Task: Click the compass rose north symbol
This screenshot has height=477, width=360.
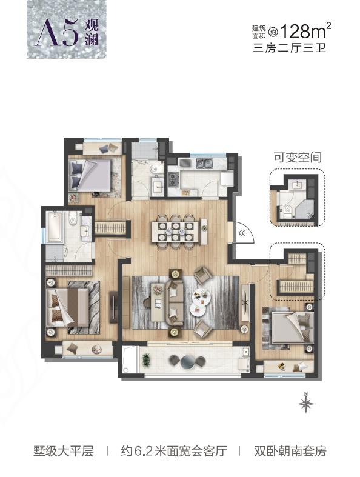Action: [x=306, y=402]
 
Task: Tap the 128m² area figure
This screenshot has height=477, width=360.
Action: [x=305, y=31]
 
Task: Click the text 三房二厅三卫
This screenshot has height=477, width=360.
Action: [x=290, y=48]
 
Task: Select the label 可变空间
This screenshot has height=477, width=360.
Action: [x=298, y=158]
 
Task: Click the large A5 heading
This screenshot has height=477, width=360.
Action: [x=56, y=33]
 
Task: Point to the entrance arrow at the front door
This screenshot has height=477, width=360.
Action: [x=242, y=233]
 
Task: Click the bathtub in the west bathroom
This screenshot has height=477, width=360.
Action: [x=55, y=226]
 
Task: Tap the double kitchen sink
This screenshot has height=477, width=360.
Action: [x=204, y=164]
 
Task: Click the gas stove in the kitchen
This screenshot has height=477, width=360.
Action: [x=174, y=179]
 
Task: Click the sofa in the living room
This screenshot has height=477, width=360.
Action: [x=174, y=301]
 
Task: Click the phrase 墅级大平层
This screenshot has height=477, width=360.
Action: [x=63, y=450]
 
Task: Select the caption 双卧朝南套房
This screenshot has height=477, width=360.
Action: [x=290, y=450]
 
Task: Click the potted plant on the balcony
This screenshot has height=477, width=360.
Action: [x=147, y=361]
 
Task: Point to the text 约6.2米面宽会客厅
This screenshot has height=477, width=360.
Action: [x=174, y=450]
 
